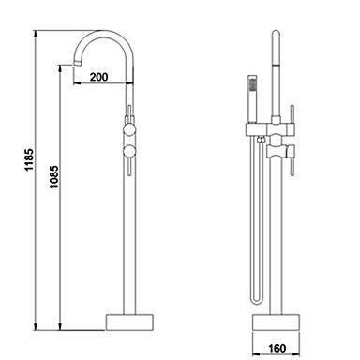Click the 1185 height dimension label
point(29,159)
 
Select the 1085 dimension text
point(53,176)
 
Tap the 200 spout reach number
point(98,77)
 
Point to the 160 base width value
point(277,348)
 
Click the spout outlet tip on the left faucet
point(78,64)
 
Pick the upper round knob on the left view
point(129,129)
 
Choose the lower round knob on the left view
point(129,152)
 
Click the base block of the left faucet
point(129,322)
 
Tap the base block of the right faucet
point(276,322)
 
